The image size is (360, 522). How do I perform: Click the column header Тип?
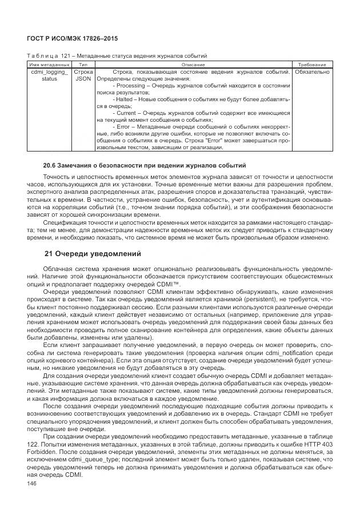83,65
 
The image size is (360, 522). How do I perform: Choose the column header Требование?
312,65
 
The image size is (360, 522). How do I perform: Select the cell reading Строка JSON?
83,76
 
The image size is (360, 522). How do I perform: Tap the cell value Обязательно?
312,73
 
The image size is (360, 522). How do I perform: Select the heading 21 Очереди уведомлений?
93,253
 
